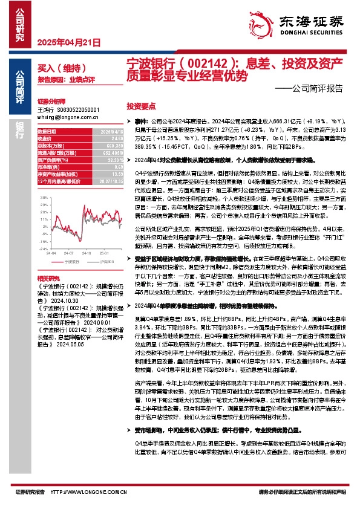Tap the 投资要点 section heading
pyautogui.click(x=141, y=104)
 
